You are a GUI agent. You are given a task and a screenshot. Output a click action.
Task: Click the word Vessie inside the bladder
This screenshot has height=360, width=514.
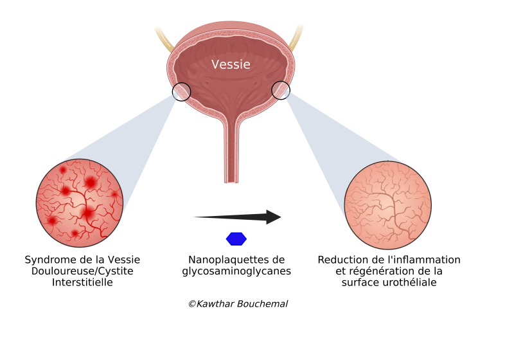(x=231, y=64)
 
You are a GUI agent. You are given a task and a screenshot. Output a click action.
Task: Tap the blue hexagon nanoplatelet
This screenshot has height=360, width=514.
(x=236, y=239)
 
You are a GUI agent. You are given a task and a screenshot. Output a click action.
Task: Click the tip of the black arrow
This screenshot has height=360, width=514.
(x=281, y=217)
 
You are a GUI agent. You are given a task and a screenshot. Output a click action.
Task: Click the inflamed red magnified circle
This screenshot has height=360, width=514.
(x=80, y=203)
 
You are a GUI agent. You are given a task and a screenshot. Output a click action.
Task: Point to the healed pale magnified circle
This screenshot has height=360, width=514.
(x=388, y=205)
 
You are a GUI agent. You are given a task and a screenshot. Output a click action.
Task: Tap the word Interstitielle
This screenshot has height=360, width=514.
(x=82, y=282)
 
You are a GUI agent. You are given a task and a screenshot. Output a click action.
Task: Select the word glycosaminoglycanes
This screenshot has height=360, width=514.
(x=236, y=271)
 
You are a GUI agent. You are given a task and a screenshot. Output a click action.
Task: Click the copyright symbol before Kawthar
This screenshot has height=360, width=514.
(x=192, y=304)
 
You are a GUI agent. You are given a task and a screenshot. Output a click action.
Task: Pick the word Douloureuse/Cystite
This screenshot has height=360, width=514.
(x=82, y=271)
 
